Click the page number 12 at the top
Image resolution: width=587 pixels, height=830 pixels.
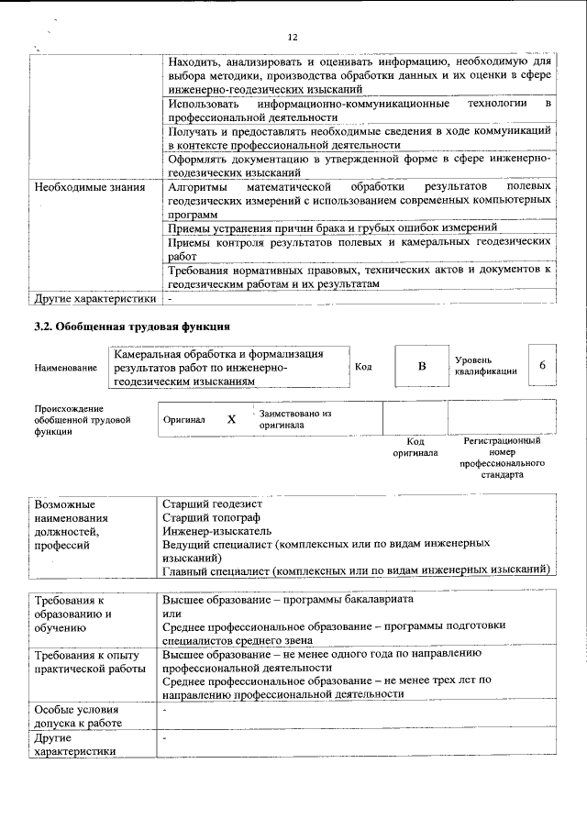[x=293, y=38]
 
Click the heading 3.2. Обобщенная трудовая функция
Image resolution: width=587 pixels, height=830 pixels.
[x=131, y=326]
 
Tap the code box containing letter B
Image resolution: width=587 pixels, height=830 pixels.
[x=422, y=366]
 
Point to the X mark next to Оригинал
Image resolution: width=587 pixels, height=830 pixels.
[x=231, y=419]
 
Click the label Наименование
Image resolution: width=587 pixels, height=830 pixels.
[x=65, y=368]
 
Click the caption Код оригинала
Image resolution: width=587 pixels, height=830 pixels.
[x=415, y=447]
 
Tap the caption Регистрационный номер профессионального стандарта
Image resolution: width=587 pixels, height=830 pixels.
[x=501, y=459]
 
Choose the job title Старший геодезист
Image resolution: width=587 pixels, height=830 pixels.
[x=212, y=504]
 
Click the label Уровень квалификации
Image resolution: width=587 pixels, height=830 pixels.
[x=484, y=365]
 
